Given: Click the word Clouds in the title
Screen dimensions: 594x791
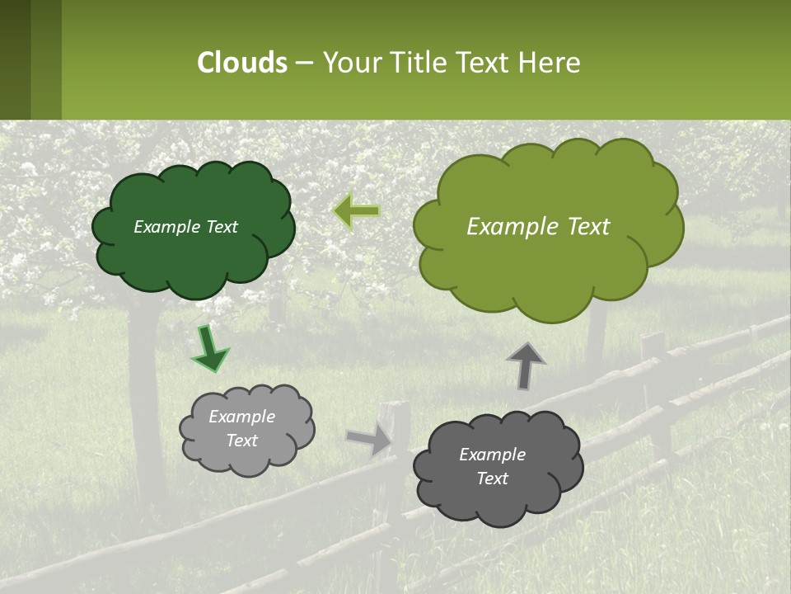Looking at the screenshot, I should (241, 63).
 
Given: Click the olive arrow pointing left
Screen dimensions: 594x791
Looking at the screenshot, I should (357, 211).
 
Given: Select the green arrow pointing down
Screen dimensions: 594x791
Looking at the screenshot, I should (209, 350).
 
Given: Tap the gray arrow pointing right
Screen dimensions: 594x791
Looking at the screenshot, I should (370, 439).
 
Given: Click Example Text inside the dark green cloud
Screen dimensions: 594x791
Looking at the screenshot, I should (185, 227).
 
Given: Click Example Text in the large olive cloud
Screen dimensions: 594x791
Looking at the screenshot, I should (538, 227).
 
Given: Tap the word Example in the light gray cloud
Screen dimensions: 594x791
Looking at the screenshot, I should (241, 417).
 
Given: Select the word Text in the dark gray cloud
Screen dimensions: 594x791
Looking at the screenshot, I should (492, 478).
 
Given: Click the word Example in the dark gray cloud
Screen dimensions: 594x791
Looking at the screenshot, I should (492, 455).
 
